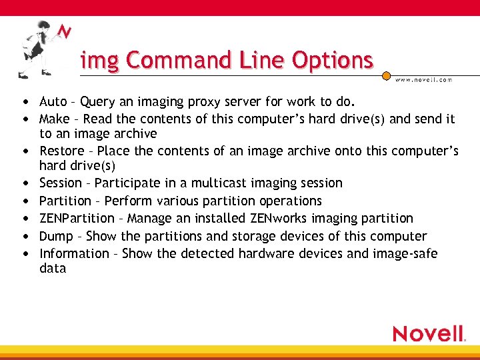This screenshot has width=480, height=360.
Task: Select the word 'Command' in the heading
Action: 171,60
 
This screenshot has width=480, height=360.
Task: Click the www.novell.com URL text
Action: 424,79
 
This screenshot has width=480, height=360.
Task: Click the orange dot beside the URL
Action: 387,77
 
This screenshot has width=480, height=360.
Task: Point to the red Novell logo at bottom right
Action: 428,333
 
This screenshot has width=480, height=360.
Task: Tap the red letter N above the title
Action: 64,32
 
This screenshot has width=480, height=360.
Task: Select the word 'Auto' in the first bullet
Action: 53,102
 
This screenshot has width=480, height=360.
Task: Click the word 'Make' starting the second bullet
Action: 55,119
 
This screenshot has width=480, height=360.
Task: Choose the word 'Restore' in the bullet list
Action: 62,151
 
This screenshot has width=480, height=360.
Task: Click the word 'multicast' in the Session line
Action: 219,183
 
